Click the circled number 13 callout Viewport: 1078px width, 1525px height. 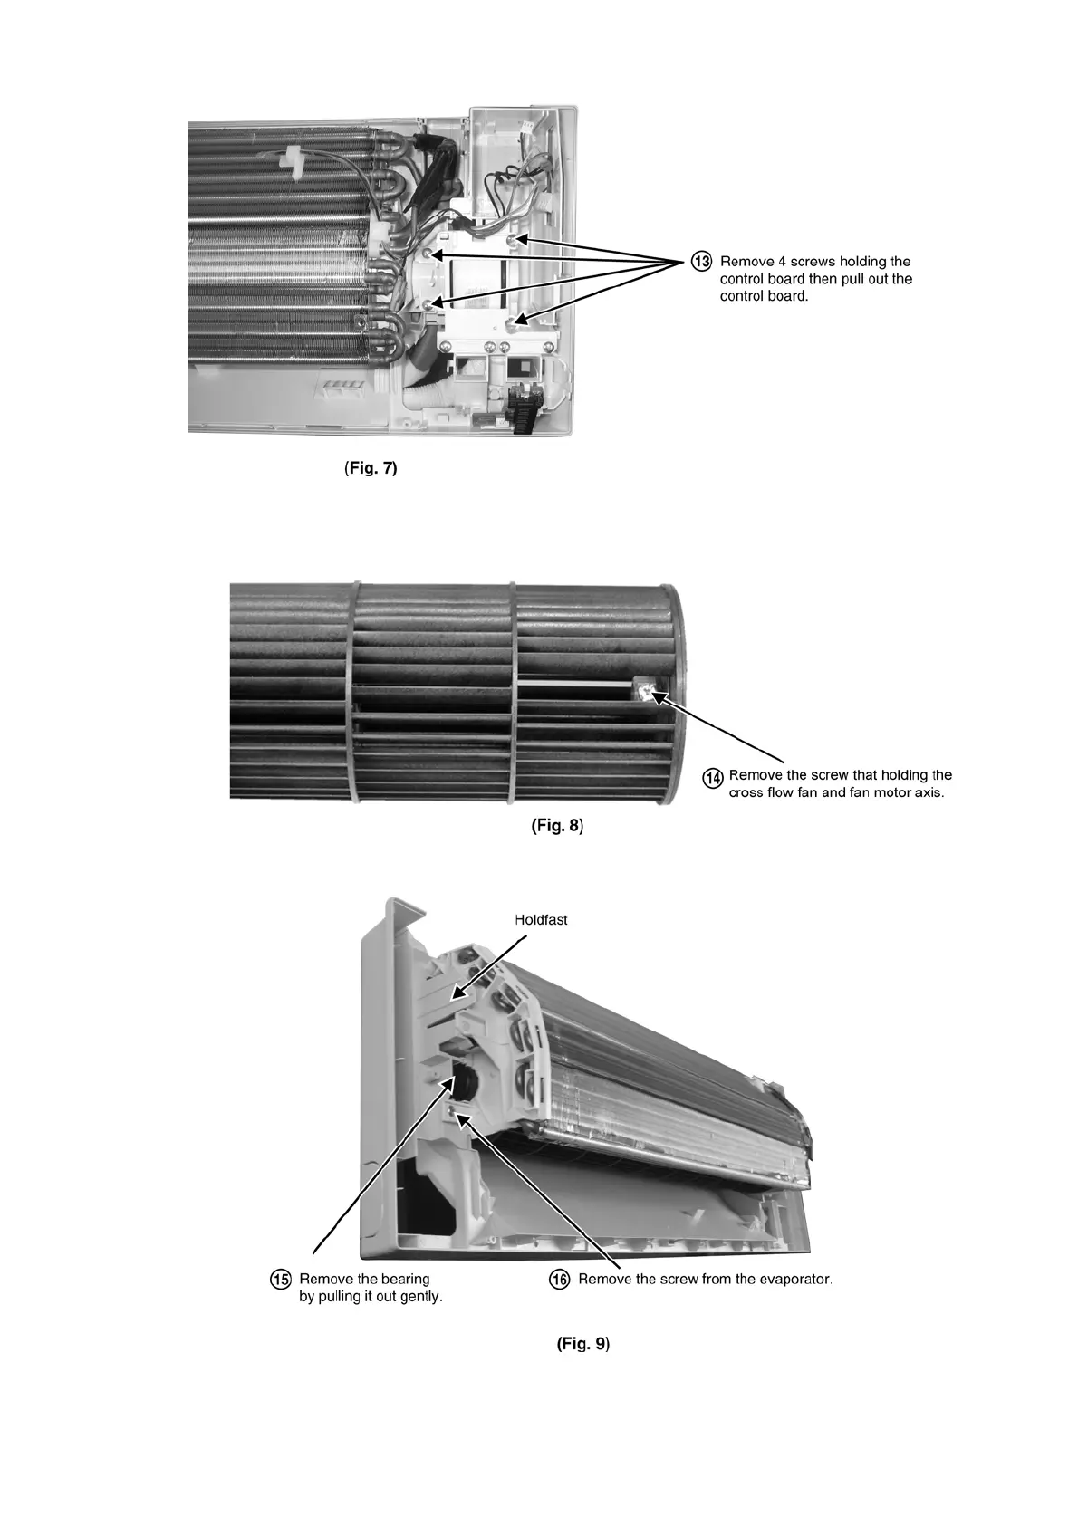702,262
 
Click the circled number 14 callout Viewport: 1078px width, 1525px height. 714,777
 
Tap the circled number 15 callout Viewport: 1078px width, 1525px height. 283,1280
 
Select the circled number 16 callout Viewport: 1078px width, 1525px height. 561,1280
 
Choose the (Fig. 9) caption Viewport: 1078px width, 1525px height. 582,1344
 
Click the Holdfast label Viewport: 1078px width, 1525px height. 541,919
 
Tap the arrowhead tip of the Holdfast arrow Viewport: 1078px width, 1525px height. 455,998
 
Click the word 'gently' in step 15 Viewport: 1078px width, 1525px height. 419,1297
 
